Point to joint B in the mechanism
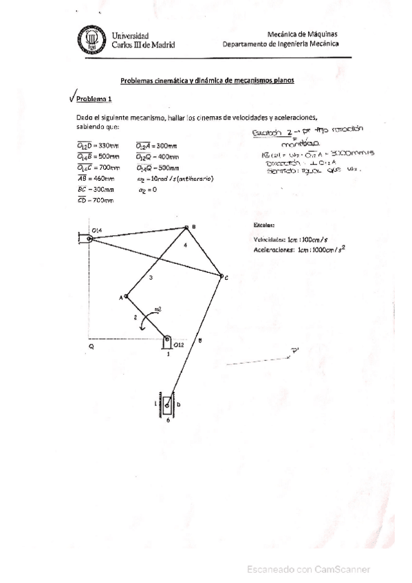tap(186, 227)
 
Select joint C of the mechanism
tap(221, 277)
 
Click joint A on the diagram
tap(126, 297)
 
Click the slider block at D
tap(168, 406)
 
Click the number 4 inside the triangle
tap(185, 245)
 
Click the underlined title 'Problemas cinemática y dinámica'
tap(207, 80)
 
